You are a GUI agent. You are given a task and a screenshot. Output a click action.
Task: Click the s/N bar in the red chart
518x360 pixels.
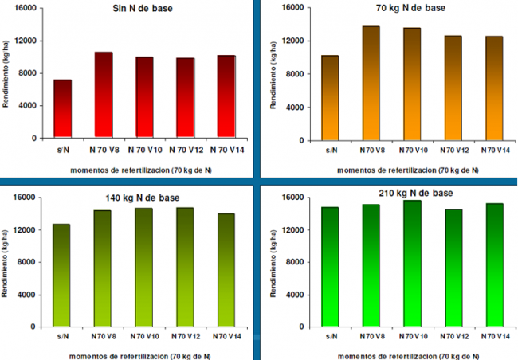[x=63, y=108]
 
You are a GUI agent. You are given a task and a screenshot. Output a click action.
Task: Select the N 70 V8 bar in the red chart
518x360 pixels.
[x=104, y=95]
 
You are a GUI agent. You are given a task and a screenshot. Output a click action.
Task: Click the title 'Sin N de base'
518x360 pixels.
[x=143, y=9]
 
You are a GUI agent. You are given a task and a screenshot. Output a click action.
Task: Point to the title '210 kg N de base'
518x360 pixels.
[x=414, y=194]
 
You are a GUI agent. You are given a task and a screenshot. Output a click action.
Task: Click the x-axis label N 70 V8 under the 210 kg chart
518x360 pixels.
[x=371, y=337]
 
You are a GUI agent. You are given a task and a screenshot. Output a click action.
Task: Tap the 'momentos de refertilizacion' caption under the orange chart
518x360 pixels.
[x=407, y=169]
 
